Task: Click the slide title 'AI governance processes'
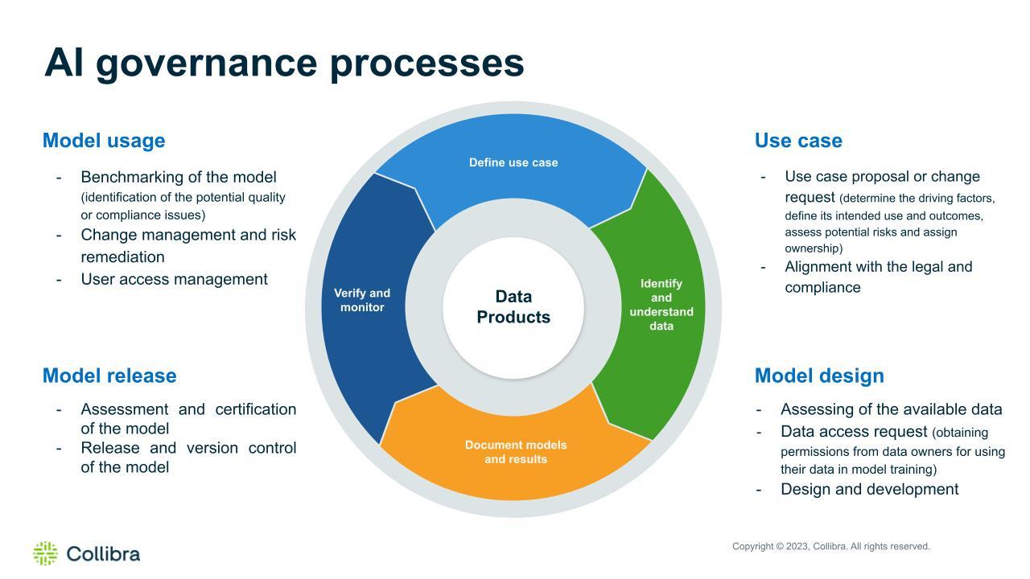[284, 63]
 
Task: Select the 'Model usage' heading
[104, 141]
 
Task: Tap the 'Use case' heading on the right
[798, 141]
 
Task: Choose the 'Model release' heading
[109, 376]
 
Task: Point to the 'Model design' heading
[819, 376]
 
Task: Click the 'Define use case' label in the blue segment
[513, 162]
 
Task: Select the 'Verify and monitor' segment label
[362, 300]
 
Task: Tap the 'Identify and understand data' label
[661, 305]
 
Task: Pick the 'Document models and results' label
[516, 452]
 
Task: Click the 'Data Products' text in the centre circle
[513, 307]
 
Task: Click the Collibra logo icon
[45, 553]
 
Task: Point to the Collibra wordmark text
[103, 554]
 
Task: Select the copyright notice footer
[830, 547]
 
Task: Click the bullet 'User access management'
[174, 279]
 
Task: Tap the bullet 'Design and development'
[869, 489]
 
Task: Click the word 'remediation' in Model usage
[122, 257]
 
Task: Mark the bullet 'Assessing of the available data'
[891, 409]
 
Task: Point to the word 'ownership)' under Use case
[814, 248]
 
